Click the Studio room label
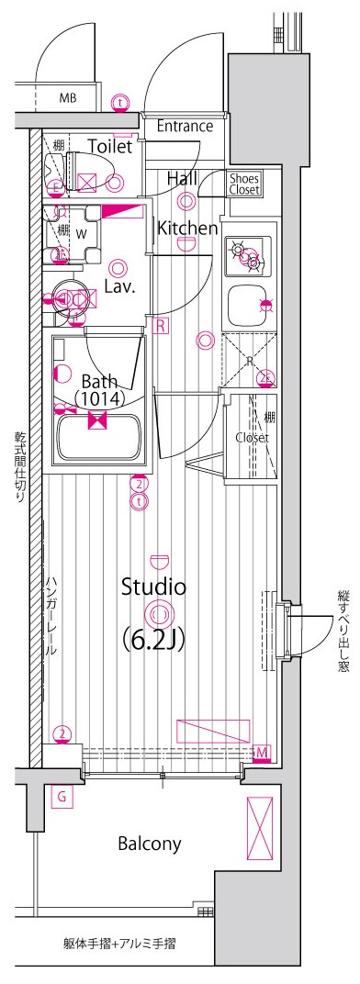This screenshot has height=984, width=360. (153, 587)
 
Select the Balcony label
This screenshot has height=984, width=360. (150, 844)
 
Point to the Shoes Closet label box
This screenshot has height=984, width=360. (243, 184)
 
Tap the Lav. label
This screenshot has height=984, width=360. (121, 288)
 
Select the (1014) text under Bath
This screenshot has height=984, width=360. (100, 397)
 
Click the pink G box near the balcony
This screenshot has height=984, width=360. (62, 797)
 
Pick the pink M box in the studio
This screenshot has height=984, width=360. (262, 752)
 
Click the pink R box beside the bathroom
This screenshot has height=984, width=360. (160, 325)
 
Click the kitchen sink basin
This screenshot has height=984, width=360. (247, 306)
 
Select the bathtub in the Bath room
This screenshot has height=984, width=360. (98, 439)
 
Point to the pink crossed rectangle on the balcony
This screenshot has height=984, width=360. (260, 828)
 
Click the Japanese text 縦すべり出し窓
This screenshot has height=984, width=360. (343, 632)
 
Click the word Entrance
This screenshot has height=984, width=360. (185, 126)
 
